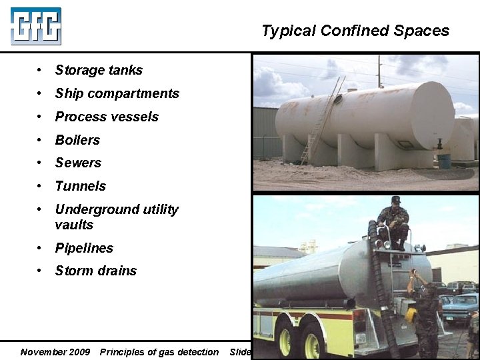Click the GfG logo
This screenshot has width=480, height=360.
coord(36,26)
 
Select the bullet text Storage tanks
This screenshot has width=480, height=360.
coord(99,70)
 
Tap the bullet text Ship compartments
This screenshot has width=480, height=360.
coord(117,93)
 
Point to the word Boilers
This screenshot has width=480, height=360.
coord(77,140)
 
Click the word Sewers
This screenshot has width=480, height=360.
coord(78,163)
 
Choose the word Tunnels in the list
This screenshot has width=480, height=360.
coord(80,186)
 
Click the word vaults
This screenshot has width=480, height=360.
coord(74,225)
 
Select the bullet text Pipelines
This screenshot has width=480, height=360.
coord(84,248)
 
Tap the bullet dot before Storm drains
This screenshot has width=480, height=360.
coord(41,271)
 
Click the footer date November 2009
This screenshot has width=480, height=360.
coord(55,352)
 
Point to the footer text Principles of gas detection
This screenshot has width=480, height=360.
coord(159,352)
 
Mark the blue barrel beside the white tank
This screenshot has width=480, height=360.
coord(444,161)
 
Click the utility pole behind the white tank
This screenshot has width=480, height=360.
coord(379,72)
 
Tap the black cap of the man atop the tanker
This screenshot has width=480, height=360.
coord(396,200)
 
